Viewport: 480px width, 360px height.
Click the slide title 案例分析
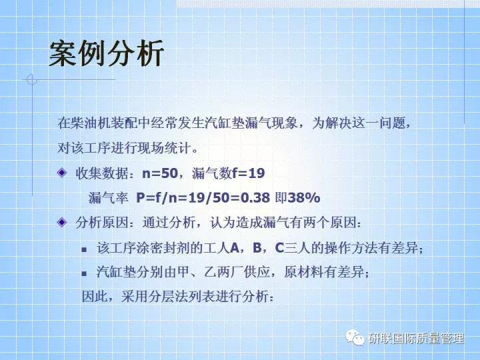click(106, 54)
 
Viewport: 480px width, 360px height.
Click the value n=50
click(161, 173)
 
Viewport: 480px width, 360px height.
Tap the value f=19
click(248, 173)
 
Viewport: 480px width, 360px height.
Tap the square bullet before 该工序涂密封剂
click(84, 249)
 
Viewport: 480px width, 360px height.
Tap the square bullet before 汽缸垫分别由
click(84, 273)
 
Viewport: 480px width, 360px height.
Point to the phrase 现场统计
click(167, 146)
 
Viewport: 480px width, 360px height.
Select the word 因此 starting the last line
click(93, 296)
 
